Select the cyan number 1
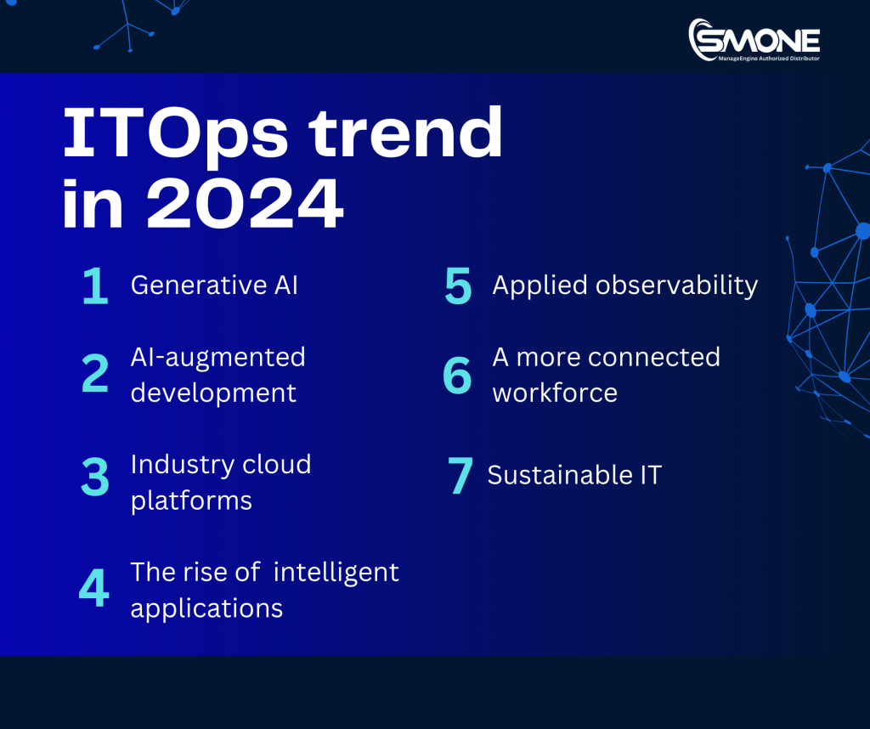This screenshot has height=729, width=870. click(x=95, y=287)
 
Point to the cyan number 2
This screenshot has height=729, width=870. click(x=95, y=375)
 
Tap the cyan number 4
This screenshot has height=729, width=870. click(x=94, y=589)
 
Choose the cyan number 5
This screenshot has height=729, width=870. click(x=458, y=287)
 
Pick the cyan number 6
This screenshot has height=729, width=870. click(x=457, y=375)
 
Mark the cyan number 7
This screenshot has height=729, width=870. click(x=460, y=476)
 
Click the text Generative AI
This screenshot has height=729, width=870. click(x=214, y=285)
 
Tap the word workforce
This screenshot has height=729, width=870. click(x=555, y=393)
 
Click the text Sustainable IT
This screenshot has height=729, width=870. click(x=574, y=475)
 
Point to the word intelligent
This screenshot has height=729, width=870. click(x=336, y=573)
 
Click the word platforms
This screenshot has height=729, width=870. click(x=191, y=500)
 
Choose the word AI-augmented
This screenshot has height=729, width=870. click(x=217, y=357)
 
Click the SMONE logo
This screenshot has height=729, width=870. click(x=754, y=40)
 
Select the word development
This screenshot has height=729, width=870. click(x=213, y=393)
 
